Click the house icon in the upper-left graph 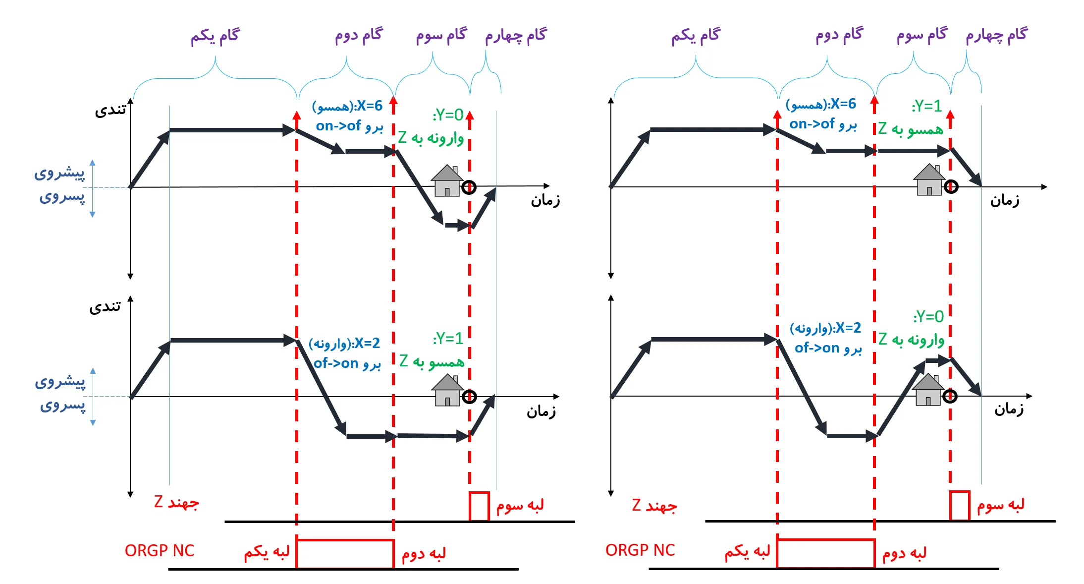click(447, 181)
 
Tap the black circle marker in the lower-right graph click(950, 396)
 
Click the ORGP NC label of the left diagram click(160, 551)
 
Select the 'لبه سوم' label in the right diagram click(1000, 505)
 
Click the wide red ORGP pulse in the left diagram click(345, 553)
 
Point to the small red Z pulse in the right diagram click(959, 505)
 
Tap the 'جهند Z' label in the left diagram click(176, 503)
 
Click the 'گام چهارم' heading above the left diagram click(516, 35)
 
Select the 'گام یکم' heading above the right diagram click(696, 35)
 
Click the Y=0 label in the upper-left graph click(448, 115)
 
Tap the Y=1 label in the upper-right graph click(927, 106)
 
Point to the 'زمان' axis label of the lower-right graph click(1009, 409)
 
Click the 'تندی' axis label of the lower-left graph click(105, 307)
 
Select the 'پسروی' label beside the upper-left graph click(62, 197)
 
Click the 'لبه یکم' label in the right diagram click(748, 552)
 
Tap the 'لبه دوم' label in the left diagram click(424, 553)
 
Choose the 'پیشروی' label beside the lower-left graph click(60, 382)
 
